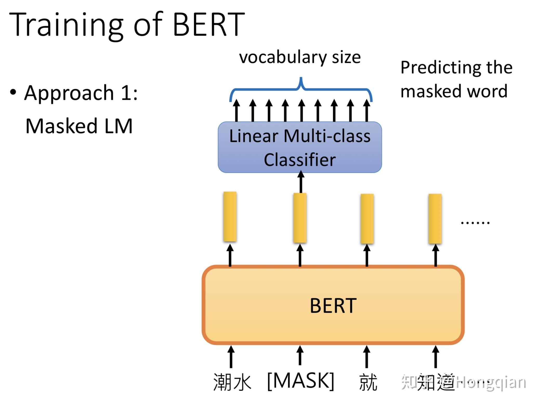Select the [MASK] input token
pos(301,381)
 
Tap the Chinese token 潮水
pos(232,382)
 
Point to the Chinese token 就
pos(368,382)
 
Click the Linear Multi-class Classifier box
pos(300,147)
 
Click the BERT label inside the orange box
pos(333,306)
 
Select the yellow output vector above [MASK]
pos(300,218)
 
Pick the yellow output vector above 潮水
pos(230,217)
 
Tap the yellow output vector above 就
pos(367,219)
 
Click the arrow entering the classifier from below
pos(301,182)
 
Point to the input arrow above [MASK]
pos(300,356)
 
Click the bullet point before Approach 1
pos(13,92)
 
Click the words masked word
pos(454,91)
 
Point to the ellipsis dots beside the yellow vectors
pos(475,223)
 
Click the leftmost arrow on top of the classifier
pos(236,110)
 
